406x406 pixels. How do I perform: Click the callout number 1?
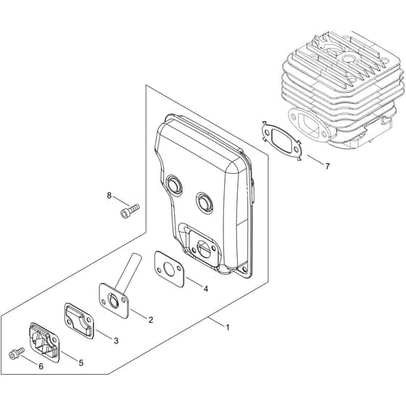(228, 328)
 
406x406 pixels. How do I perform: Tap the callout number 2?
(151, 320)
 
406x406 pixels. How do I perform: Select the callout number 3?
(116, 341)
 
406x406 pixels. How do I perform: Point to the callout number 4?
(206, 289)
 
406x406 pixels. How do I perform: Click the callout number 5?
(81, 363)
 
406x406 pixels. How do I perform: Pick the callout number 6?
(41, 367)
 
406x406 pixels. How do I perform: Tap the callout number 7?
(327, 166)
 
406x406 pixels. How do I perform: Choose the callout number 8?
(109, 196)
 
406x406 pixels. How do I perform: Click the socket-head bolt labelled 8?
(130, 211)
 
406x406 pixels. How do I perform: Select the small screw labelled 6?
(16, 353)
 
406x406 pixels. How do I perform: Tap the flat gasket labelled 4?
(170, 269)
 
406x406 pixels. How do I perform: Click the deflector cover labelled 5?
(44, 341)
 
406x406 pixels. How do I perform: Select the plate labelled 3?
(79, 320)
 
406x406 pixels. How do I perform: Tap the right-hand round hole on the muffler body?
(204, 202)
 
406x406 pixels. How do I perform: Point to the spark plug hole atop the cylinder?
(347, 58)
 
